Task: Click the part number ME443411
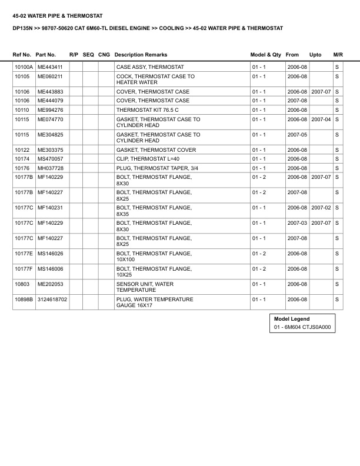(x=50, y=67)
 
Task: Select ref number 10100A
(x=24, y=67)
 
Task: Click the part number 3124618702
(x=52, y=299)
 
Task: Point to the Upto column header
(x=315, y=55)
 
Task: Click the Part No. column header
(x=46, y=55)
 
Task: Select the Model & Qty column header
(x=266, y=55)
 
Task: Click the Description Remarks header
(x=141, y=55)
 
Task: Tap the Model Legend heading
(x=292, y=319)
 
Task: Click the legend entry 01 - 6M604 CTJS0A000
(x=303, y=327)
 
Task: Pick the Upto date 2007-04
(x=321, y=119)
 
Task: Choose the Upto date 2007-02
(x=321, y=208)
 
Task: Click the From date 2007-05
(x=297, y=135)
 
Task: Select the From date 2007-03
(x=297, y=223)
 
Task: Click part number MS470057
(x=50, y=159)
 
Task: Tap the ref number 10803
(x=22, y=284)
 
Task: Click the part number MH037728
(x=50, y=168)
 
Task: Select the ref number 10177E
(x=24, y=254)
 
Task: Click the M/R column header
(x=338, y=55)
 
